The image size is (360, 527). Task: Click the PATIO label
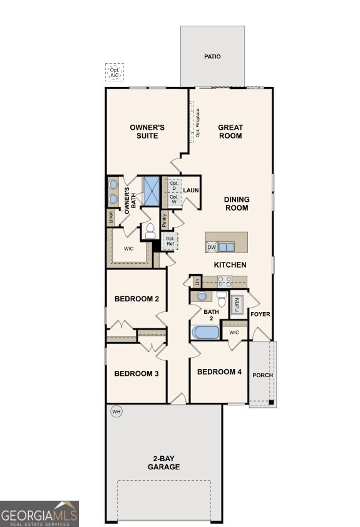click(212, 56)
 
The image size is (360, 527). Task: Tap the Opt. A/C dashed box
click(115, 73)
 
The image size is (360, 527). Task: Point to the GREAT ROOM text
click(230, 132)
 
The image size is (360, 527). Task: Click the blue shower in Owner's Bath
click(152, 190)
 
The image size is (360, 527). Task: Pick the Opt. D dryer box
click(174, 186)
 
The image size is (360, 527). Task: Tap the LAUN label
click(191, 190)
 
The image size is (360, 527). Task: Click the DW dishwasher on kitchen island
click(212, 247)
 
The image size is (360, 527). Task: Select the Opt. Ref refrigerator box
click(170, 241)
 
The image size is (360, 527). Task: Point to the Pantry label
click(164, 220)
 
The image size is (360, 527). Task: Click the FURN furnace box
click(237, 305)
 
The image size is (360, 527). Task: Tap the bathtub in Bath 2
click(205, 332)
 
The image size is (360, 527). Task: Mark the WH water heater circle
click(116, 412)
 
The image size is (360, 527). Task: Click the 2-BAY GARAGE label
click(163, 462)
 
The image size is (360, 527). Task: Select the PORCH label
click(262, 375)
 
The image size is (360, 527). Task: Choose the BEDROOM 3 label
click(136, 373)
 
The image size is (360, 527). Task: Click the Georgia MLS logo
click(39, 513)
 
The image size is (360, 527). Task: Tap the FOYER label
click(260, 314)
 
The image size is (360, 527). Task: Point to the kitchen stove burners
click(224, 281)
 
